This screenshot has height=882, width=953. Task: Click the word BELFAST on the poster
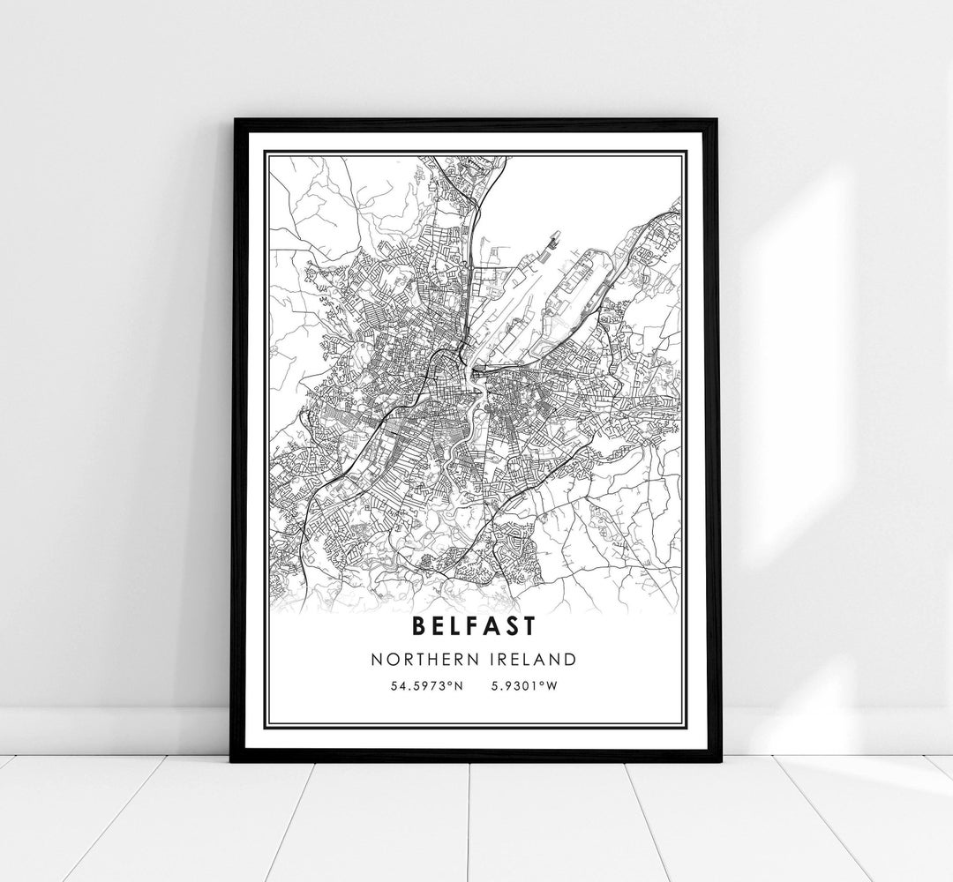(472, 626)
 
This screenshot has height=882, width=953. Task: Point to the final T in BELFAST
(528, 626)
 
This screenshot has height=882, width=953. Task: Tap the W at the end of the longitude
(552, 685)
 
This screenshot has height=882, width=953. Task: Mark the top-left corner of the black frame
(233, 120)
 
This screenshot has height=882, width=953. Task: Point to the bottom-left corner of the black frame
(232, 759)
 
